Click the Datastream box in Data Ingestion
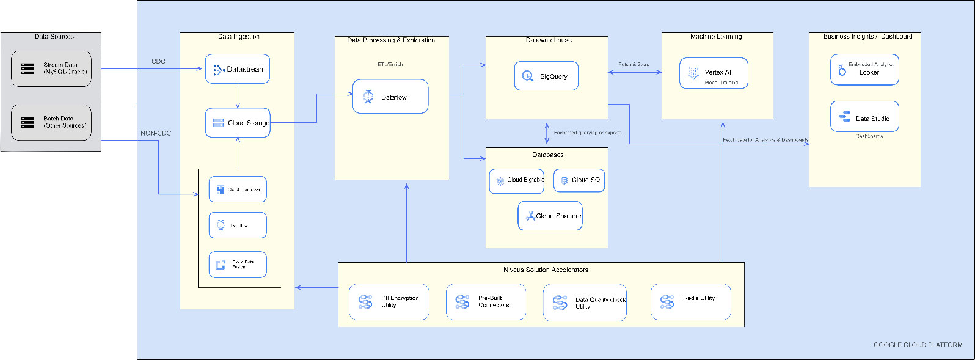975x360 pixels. pos(238,69)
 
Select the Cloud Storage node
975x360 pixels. pos(238,123)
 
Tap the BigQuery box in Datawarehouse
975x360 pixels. pos(546,76)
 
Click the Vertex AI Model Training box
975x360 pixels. pos(714,74)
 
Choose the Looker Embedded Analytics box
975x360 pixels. pos(864,70)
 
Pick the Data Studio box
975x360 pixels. pos(864,117)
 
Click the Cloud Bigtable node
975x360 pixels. pos(517,181)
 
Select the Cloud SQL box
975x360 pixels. pos(580,180)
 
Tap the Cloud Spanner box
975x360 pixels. pos(550,216)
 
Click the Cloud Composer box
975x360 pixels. pos(238,189)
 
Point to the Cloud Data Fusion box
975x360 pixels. pos(238,265)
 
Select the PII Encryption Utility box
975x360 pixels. pos(389,301)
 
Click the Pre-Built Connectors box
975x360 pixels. pos(486,301)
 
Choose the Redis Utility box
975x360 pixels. pos(691,301)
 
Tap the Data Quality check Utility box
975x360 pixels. pos(585,303)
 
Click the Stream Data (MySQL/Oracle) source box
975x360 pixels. pos(51,68)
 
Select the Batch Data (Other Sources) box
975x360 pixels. pos(51,122)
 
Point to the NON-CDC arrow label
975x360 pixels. pos(156,133)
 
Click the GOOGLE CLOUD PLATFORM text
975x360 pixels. pos(918,345)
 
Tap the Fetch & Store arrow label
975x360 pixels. pos(634,64)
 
